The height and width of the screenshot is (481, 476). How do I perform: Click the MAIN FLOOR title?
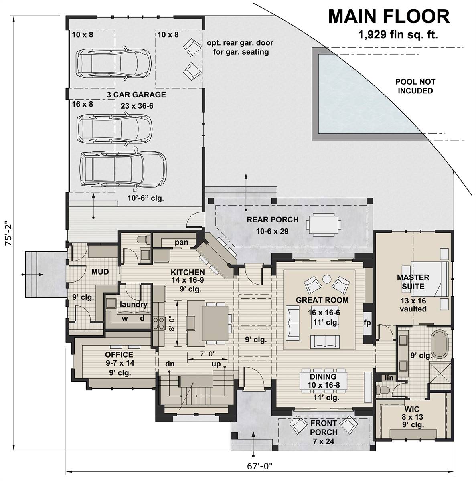(x=389, y=17)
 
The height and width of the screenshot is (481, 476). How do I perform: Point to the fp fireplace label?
(x=367, y=323)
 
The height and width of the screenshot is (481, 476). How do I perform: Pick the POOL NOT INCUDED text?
(x=415, y=86)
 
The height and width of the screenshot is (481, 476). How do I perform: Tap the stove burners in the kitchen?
(x=158, y=323)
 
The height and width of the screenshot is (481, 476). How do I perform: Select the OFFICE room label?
(x=119, y=354)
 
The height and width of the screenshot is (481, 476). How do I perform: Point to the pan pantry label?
(x=179, y=243)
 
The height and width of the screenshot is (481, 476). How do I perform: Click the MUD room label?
(x=100, y=272)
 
